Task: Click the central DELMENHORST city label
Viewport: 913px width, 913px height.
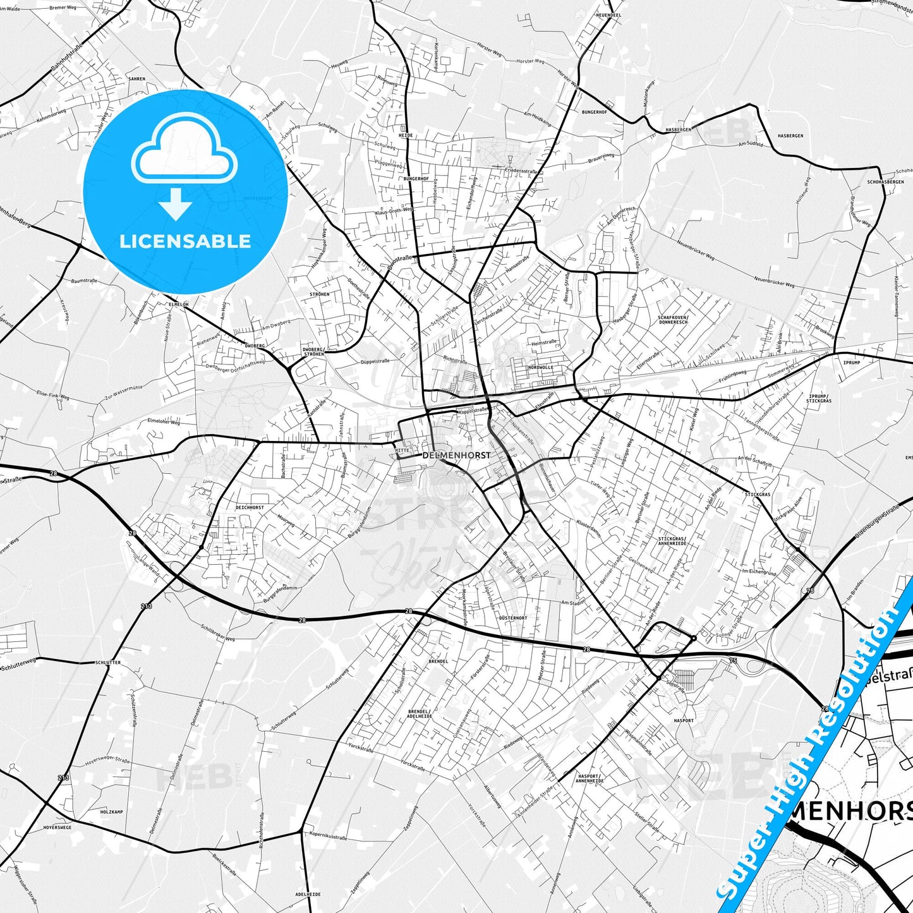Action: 456,455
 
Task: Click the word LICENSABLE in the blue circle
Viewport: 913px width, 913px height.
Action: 185,241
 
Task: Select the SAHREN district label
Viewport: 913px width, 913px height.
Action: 136,79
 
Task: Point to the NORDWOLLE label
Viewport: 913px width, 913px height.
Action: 540,367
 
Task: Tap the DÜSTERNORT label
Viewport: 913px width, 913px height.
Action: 512,617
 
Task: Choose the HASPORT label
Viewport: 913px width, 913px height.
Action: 684,720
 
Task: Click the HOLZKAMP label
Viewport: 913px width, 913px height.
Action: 111,811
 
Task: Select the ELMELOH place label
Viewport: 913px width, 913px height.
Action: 178,304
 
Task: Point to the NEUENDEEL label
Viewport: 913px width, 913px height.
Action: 608,15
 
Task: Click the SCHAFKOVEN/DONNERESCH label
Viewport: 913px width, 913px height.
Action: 672,319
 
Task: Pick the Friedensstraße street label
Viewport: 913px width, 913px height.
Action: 521,171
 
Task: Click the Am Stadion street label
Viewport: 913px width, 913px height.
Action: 574,603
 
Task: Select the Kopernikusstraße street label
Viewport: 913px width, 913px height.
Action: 329,838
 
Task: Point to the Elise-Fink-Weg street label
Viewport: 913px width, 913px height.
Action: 53,396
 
